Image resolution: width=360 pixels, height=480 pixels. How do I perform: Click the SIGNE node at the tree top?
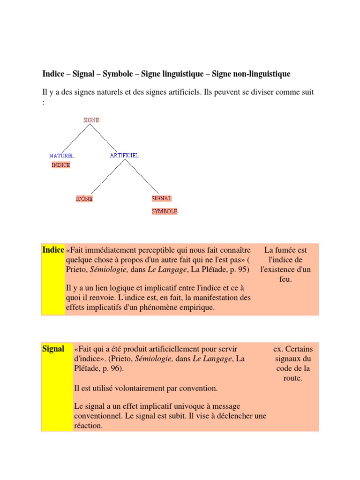point(91,120)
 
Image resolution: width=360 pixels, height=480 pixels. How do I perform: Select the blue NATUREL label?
point(62,155)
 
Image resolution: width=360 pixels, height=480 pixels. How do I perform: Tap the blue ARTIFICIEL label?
point(124,155)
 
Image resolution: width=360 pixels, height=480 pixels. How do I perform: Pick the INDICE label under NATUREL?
point(61,165)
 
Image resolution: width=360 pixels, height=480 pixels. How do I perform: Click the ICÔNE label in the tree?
point(84,199)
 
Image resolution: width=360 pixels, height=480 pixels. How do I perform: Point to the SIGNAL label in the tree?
point(162,198)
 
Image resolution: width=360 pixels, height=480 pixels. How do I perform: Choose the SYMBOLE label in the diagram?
point(164,211)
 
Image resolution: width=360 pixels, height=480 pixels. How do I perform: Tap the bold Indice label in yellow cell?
point(53,250)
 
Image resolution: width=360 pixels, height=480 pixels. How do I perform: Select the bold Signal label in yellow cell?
point(53,349)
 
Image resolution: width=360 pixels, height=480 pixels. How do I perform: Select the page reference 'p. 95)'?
point(240,270)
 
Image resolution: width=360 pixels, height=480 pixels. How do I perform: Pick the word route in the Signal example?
point(293,378)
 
